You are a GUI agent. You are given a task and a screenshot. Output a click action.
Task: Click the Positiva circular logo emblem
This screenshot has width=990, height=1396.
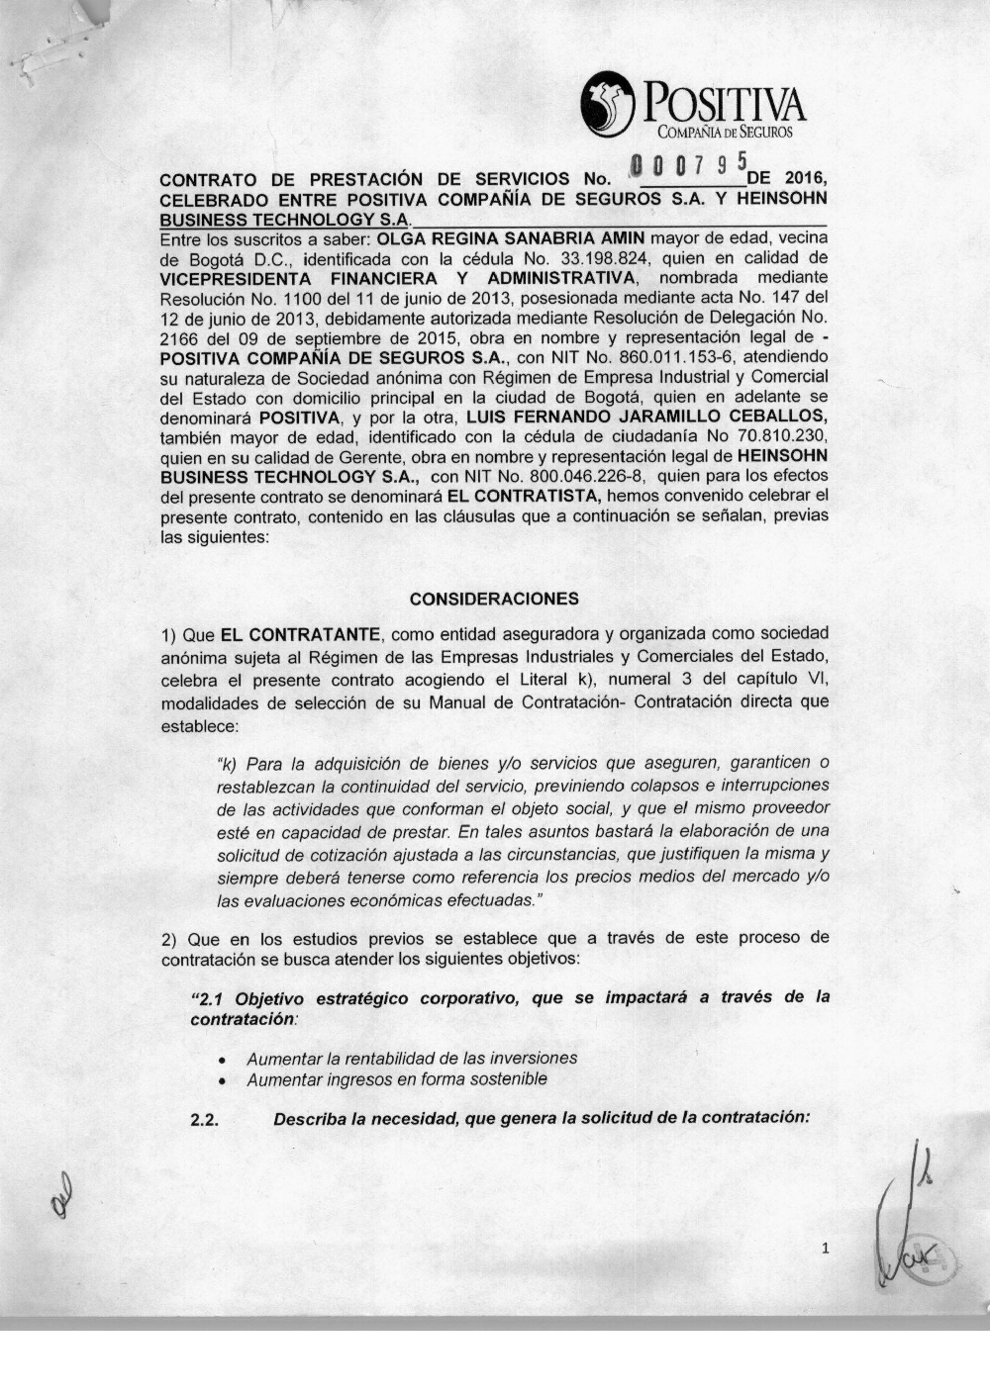pos(607,102)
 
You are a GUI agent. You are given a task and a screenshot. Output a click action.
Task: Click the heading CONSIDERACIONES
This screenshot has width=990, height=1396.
pos(494,599)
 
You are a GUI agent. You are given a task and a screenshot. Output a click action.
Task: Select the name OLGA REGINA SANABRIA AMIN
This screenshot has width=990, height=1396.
pos(505,238)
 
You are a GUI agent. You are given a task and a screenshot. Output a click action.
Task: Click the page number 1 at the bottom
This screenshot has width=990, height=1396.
pos(825,1250)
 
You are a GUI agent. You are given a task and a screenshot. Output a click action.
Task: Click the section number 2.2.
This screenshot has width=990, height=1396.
pos(204,1120)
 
